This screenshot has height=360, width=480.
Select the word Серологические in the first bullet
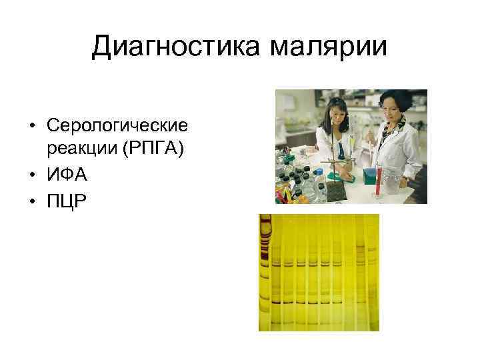coord(118,125)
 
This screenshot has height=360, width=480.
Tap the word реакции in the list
coord(81,151)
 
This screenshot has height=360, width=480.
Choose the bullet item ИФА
coord(67,176)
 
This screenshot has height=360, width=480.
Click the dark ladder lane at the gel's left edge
coord(265,267)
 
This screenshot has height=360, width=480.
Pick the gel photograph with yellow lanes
coord(319,273)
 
